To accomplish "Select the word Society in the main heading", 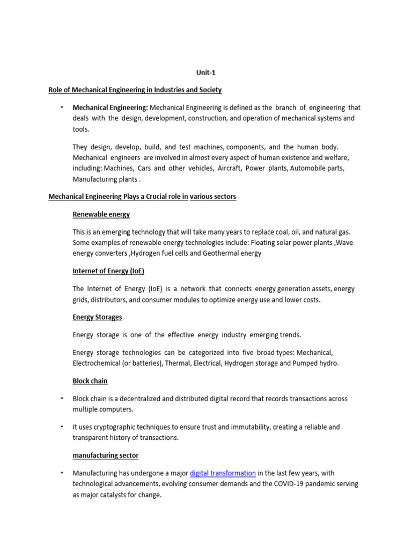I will pyautogui.click(x=209, y=90).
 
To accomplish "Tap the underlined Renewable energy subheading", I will pyautogui.click(x=101, y=214).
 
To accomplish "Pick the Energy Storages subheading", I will pyautogui.click(x=97, y=317).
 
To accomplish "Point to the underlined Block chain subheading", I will pyautogui.click(x=90, y=381).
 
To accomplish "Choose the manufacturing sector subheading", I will pyautogui.click(x=106, y=455).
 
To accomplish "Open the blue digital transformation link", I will pyautogui.click(x=223, y=473).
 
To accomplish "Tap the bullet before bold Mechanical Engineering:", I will pyautogui.click(x=62, y=107).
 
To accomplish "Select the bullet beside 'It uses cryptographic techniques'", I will pyautogui.click(x=62, y=427).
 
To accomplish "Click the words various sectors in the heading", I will pyautogui.click(x=213, y=197).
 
